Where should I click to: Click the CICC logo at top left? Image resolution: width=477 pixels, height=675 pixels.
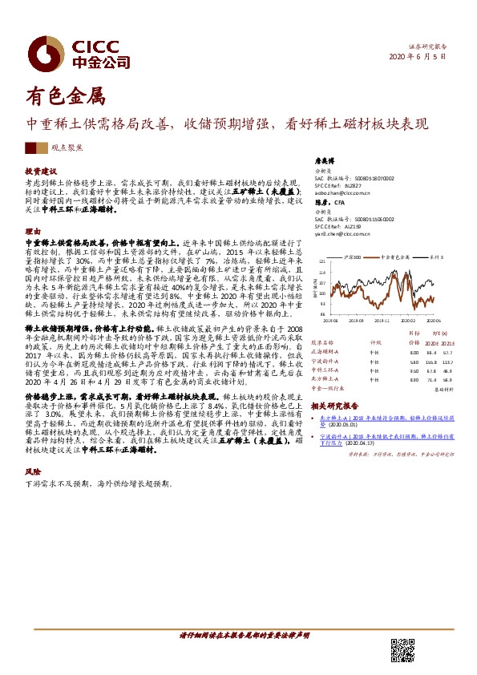(77, 53)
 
